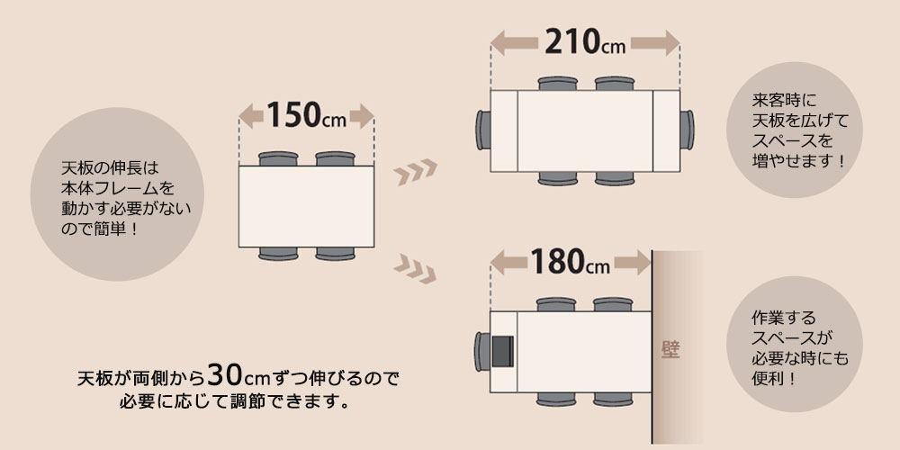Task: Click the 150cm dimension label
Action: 307,115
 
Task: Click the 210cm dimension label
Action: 585,42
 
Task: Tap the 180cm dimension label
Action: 570,261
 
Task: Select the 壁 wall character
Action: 670,349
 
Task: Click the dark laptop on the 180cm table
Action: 503,351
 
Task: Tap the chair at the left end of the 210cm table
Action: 482,130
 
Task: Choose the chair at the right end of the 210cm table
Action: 687,130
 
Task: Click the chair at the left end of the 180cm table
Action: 482,351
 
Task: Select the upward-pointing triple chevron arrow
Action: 416,172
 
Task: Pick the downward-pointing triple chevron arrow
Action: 415,269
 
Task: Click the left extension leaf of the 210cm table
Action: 504,130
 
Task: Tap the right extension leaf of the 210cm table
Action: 666,130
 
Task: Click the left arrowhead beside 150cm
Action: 250,116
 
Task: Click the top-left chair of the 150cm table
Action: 278,159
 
